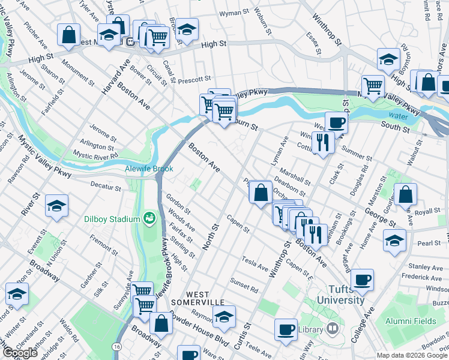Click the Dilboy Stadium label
(x=111, y=219)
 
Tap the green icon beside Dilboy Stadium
(x=148, y=218)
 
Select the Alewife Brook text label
(x=149, y=169)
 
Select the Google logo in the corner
(x=19, y=353)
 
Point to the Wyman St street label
(x=234, y=13)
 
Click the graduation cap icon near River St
(x=57, y=206)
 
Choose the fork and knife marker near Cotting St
(x=323, y=142)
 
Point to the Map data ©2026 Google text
(x=411, y=355)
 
